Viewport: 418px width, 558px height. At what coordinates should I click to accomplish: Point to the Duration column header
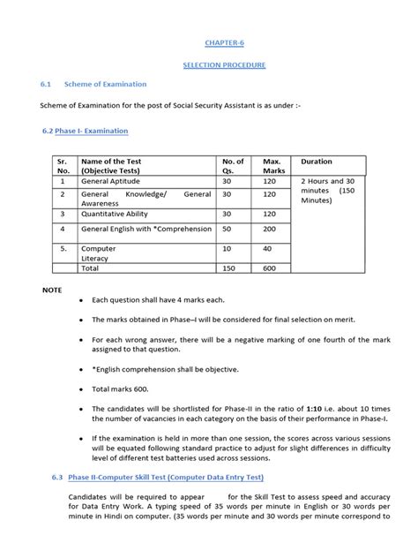click(317, 162)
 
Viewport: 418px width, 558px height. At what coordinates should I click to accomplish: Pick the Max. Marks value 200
click(269, 230)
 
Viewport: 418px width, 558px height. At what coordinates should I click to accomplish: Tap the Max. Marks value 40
click(266, 249)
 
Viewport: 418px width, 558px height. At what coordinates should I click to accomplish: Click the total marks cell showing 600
click(269, 268)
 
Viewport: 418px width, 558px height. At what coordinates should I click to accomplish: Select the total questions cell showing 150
click(229, 268)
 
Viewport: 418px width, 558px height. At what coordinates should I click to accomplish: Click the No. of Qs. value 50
click(227, 230)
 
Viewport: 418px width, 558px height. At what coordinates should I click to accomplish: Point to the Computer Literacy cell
click(99, 254)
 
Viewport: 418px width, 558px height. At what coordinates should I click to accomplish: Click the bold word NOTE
click(54, 290)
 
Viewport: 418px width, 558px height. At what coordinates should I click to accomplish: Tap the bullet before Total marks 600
click(82, 388)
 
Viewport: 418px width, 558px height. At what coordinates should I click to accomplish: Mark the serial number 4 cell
click(62, 230)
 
